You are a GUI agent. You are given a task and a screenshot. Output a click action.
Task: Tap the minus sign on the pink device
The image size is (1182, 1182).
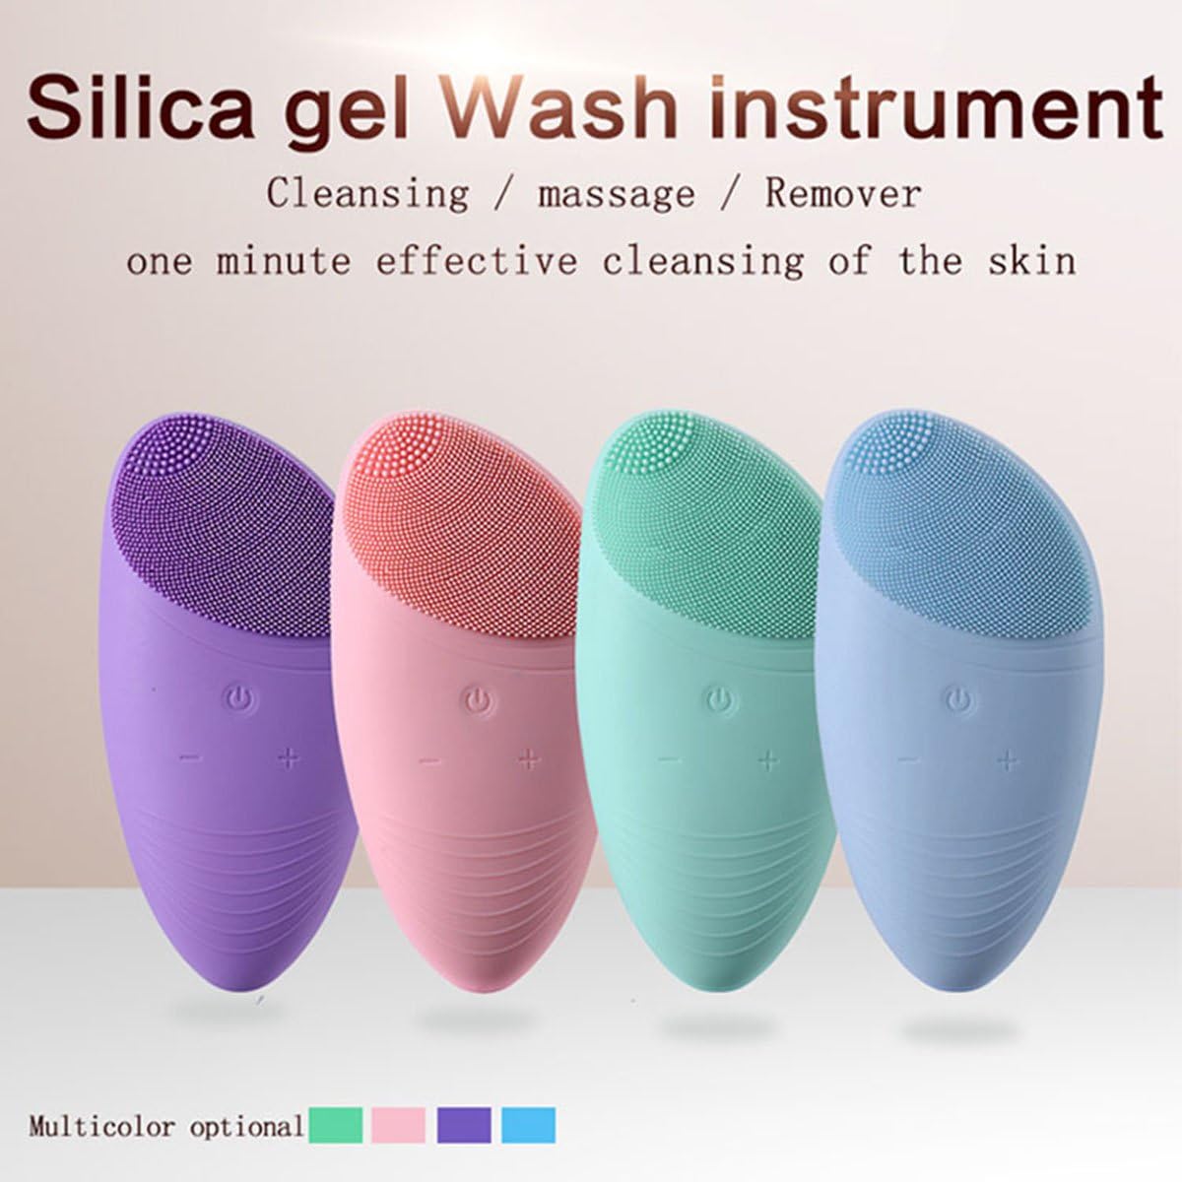[429, 760]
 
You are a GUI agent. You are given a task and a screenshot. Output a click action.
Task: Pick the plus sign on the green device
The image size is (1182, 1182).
[768, 759]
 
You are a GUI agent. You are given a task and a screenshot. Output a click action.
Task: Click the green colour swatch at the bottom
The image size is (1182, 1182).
[335, 1124]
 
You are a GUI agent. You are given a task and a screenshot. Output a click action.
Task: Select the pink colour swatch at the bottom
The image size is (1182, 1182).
[399, 1124]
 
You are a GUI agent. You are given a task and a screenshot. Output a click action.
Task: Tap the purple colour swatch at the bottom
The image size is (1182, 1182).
[464, 1124]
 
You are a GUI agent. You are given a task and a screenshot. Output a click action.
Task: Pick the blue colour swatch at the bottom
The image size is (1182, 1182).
[528, 1124]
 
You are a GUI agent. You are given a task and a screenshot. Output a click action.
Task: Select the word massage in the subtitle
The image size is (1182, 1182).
[616, 194]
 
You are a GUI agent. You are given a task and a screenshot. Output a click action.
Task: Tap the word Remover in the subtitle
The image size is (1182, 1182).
[843, 194]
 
